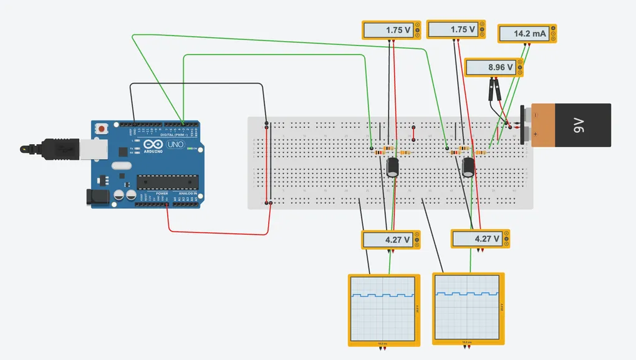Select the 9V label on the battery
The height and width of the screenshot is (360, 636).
tap(577, 125)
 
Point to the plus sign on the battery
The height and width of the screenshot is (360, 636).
tap(535, 134)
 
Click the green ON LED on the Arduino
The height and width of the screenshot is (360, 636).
tap(195, 148)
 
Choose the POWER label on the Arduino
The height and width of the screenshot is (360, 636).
tap(161, 193)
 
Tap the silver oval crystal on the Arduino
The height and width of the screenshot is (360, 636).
tap(122, 165)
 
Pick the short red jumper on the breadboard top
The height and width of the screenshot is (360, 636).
tap(413, 132)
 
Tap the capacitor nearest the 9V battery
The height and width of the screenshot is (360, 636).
tap(468, 167)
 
